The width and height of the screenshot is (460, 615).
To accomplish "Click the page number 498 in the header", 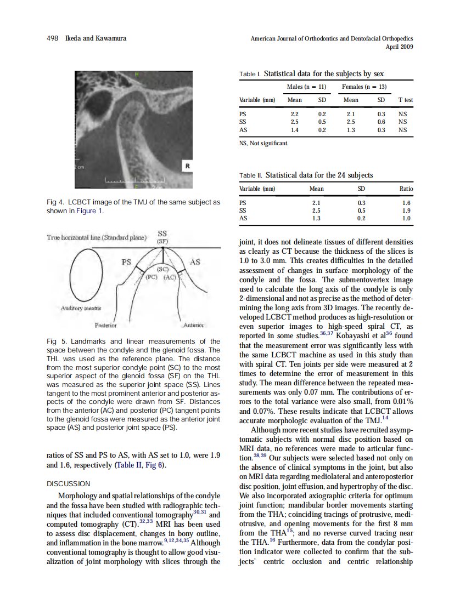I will coord(53,38).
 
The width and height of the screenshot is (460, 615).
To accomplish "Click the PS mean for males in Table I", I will coord(294,114).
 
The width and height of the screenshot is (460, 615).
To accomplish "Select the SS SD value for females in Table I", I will coord(381,122).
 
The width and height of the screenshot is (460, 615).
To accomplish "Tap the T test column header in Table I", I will coord(405,100).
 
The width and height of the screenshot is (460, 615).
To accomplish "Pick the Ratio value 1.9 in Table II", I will coord(406,210).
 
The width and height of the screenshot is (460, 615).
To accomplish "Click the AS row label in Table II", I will coord(244,218).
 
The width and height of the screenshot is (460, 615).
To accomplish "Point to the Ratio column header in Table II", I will coord(406,189).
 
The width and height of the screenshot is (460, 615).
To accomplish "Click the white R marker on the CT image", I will coord(188,165).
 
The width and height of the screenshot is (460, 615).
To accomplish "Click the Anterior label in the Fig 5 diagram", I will coord(194,324).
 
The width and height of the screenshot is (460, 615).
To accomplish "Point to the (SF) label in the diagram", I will coord(162,241).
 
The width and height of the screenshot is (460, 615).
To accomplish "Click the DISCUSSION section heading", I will coord(69,484).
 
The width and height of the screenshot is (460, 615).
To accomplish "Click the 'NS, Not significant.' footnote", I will coord(263,144).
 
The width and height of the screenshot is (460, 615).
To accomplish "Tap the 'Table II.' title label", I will coord(251,175).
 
